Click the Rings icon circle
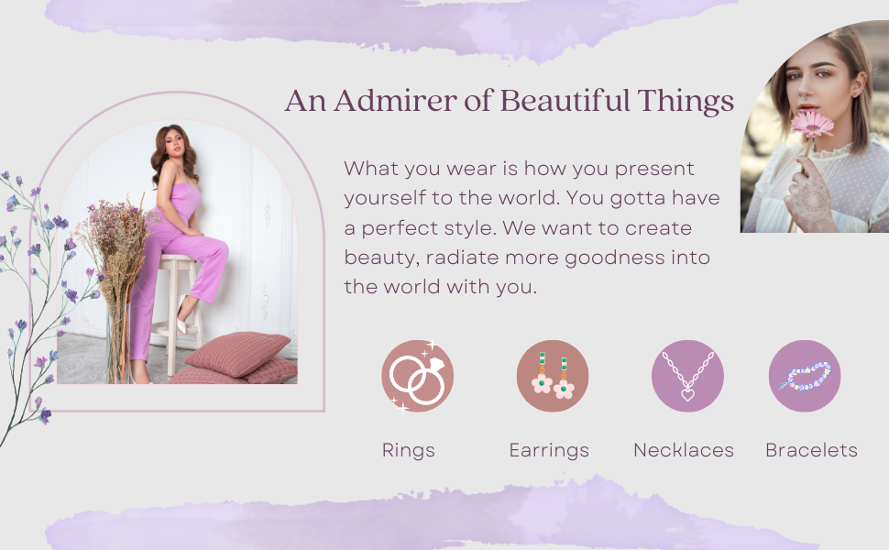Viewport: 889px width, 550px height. pyautogui.click(x=417, y=376)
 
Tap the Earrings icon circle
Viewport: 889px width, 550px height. pyautogui.click(x=553, y=376)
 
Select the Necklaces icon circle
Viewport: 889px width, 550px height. pyautogui.click(x=687, y=376)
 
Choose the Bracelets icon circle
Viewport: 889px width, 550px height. pyautogui.click(x=805, y=376)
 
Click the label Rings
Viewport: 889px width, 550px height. pyautogui.click(x=408, y=450)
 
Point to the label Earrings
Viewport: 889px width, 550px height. pyautogui.click(x=549, y=450)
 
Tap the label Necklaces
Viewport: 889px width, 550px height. pyautogui.click(x=684, y=450)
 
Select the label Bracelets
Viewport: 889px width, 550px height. pyautogui.click(x=811, y=450)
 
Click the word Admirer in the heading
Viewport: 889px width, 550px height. pyautogui.click(x=395, y=101)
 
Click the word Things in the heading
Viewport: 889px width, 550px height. pyautogui.click(x=686, y=102)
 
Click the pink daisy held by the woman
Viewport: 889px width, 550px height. pyautogui.click(x=812, y=124)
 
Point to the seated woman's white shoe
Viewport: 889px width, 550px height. pyautogui.click(x=181, y=314)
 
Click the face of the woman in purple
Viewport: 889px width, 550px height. pyautogui.click(x=175, y=147)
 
